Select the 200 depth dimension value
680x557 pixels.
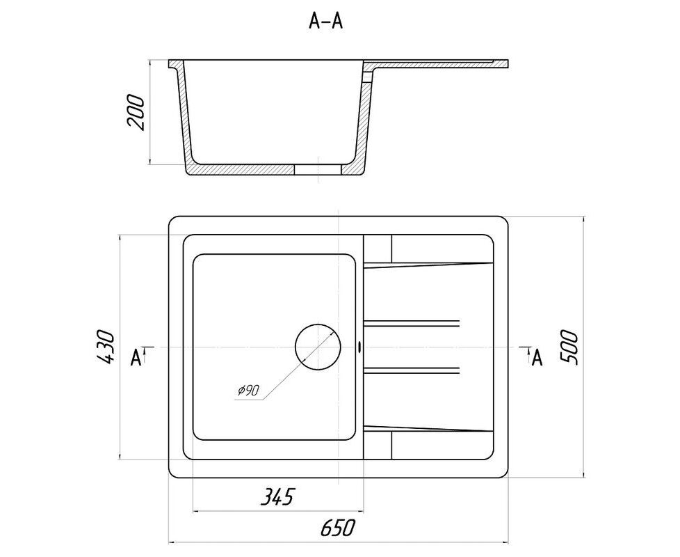(x=136, y=112)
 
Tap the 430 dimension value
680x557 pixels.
(x=106, y=347)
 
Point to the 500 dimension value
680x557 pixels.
(x=569, y=347)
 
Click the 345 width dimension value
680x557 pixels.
(x=277, y=496)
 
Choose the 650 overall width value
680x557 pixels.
(x=338, y=528)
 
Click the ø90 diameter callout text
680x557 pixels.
(x=248, y=391)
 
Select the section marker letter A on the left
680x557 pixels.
(x=136, y=357)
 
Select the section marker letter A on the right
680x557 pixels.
(x=537, y=357)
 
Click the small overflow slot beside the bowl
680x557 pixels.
(x=359, y=347)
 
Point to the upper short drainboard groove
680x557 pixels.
(x=411, y=323)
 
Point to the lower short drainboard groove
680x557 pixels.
(x=411, y=370)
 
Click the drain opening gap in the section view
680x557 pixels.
(x=318, y=170)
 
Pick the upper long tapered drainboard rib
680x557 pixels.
(x=428, y=264)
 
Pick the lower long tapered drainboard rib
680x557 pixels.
(x=428, y=428)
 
